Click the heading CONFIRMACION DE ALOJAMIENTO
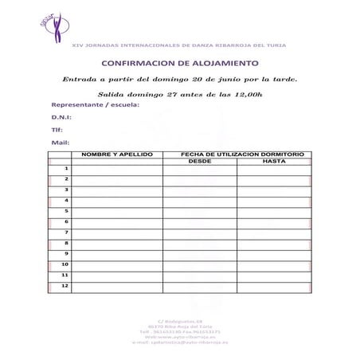coord(180,62)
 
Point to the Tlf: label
coord(57,131)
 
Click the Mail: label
coord(59,143)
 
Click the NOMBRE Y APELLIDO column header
coord(117,153)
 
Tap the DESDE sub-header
coord(199,161)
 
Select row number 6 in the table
coord(66,221)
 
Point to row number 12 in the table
coord(65,285)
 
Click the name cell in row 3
coord(117,190)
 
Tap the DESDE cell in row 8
coord(199,243)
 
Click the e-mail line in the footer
coord(180,342)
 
